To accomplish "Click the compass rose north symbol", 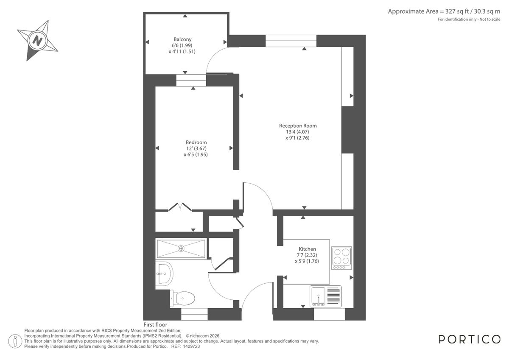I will click(x=37, y=41).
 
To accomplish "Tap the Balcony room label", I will click(x=182, y=39).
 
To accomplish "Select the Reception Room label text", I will click(x=298, y=126).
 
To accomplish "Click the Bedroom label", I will click(x=196, y=142).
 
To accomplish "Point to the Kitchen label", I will click(x=307, y=249).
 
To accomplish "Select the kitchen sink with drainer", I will click(x=325, y=296).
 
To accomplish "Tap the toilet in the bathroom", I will click(x=183, y=298).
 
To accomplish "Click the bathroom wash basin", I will click(x=164, y=273).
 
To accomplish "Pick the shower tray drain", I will click(x=181, y=248).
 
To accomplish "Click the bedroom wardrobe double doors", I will click(x=181, y=207).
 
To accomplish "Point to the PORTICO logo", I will click(x=469, y=339).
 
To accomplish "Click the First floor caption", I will click(x=155, y=325).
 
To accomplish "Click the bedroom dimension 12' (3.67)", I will click(x=196, y=148).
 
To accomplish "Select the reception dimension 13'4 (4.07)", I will click(x=298, y=132).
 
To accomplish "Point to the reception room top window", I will click(x=291, y=41).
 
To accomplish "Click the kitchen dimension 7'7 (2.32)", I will click(x=307, y=255).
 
